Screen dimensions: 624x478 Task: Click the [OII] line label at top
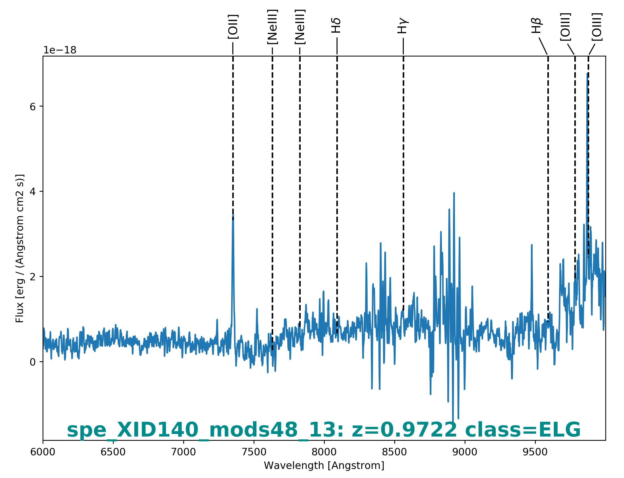click(233, 26)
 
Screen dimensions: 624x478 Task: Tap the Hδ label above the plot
click(336, 26)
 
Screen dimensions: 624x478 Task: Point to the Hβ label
click(536, 26)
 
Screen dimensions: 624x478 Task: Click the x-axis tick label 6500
click(113, 452)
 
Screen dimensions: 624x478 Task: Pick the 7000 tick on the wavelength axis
click(183, 452)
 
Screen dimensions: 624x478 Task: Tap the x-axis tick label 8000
click(324, 452)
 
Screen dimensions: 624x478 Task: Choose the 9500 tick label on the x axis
click(535, 452)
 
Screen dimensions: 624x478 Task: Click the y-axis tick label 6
click(33, 107)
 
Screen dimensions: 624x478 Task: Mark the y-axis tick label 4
click(33, 192)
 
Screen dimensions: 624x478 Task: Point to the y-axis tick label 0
click(33, 362)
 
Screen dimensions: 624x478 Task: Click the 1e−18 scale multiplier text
click(60, 50)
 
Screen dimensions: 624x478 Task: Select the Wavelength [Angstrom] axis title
click(324, 466)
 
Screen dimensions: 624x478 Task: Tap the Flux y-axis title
click(20, 249)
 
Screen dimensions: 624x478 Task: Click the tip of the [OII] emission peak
click(233, 215)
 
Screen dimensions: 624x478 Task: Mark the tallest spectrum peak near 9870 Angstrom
click(587, 73)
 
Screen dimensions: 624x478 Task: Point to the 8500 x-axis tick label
click(395, 452)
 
